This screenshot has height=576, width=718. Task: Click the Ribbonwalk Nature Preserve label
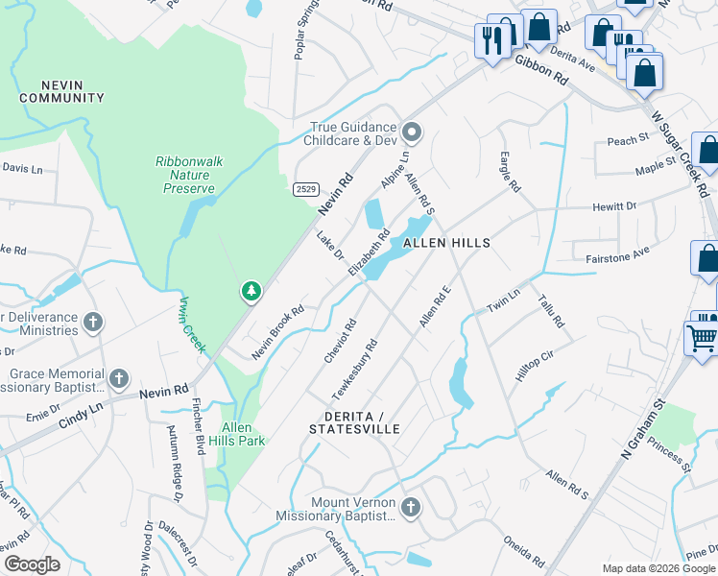[189, 175]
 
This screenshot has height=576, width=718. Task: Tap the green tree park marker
[251, 289]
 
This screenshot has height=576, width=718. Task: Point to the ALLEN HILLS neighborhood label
[446, 243]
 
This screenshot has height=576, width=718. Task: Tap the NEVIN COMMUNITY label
[61, 91]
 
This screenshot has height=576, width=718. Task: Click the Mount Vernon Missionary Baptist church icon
[411, 507]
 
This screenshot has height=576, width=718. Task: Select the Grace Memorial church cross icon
[119, 378]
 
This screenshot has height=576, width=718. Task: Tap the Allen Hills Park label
[244, 434]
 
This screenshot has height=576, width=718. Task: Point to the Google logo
[31, 564]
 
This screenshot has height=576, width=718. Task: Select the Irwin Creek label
[191, 324]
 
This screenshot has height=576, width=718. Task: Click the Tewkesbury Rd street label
[354, 370]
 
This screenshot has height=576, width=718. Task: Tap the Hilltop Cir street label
[536, 366]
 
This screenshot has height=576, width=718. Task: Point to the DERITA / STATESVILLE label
[354, 421]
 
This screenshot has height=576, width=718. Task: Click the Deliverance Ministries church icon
[93, 322]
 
